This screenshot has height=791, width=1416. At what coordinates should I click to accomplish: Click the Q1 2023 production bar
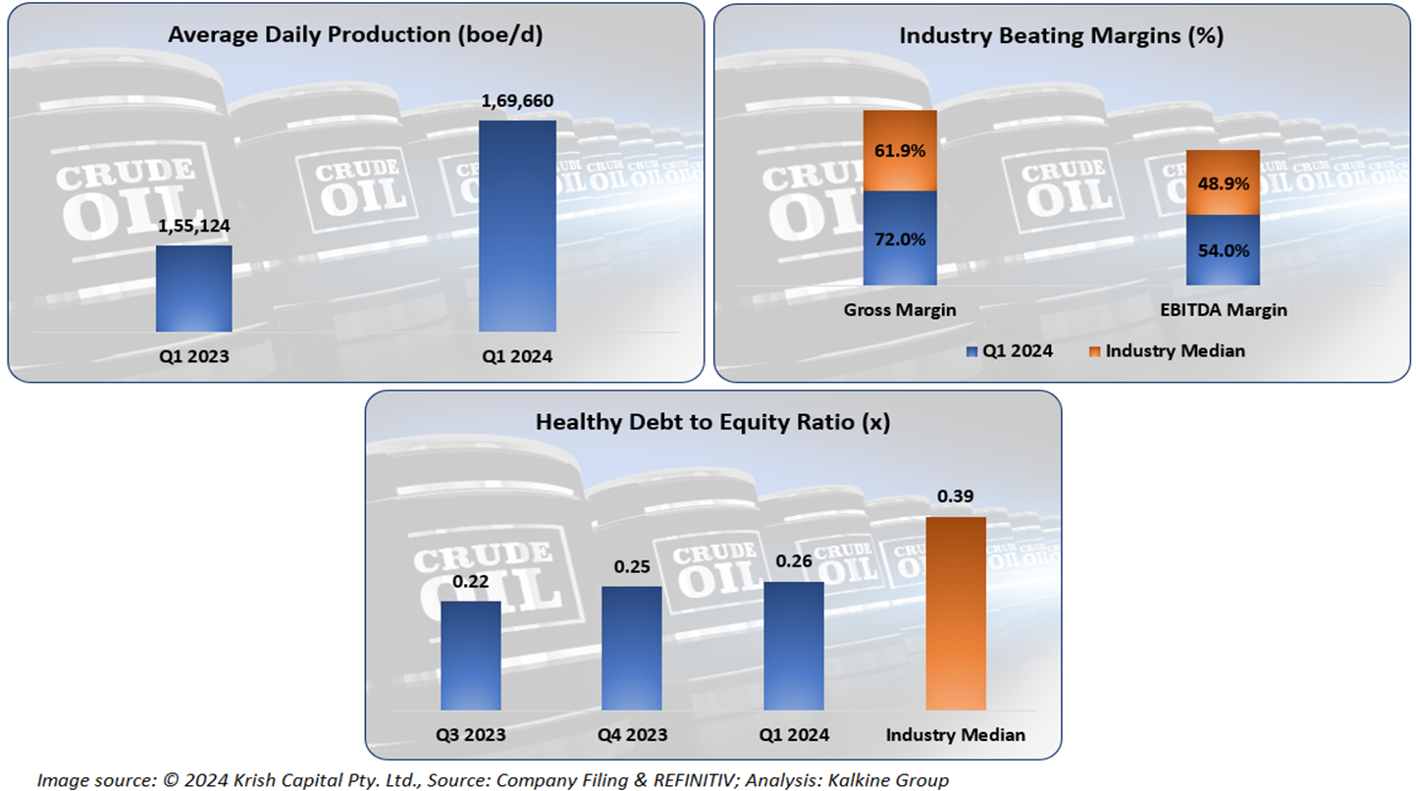tap(193, 289)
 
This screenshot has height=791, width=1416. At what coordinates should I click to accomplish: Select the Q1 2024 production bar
tap(516, 226)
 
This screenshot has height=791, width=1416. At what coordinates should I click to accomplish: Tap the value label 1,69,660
tap(517, 101)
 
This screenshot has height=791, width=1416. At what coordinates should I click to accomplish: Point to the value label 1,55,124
tap(193, 226)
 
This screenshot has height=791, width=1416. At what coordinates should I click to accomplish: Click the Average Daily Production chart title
tap(355, 35)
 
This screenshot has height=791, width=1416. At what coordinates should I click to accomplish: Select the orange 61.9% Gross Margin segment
tap(900, 150)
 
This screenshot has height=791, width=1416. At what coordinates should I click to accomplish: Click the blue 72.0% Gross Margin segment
tap(900, 238)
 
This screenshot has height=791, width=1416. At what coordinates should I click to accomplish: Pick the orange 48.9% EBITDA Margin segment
tap(1223, 183)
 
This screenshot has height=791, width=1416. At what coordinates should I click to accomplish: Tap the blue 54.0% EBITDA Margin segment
tap(1223, 250)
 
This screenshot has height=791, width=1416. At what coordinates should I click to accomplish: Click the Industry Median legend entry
tap(1175, 350)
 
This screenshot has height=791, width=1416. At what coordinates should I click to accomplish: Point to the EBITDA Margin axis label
tap(1223, 310)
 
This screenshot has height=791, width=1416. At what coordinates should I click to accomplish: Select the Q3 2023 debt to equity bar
tap(470, 655)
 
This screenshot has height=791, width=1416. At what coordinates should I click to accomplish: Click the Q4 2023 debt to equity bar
tap(631, 648)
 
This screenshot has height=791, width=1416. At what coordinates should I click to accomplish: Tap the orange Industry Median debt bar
tap(955, 612)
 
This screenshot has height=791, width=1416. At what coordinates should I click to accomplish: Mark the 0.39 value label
tap(955, 497)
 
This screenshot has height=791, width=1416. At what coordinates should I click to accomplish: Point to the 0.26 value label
tap(793, 562)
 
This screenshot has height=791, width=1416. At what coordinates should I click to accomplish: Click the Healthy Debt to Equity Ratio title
tap(712, 422)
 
